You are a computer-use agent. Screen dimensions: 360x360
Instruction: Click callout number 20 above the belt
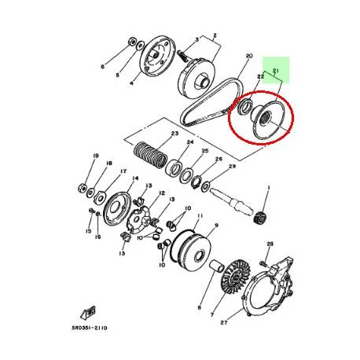(x=248, y=57)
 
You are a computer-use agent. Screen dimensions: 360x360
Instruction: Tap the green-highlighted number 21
(x=276, y=72)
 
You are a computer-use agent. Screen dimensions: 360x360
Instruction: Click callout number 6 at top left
(x=101, y=68)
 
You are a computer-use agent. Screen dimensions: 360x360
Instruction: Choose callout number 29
(x=232, y=167)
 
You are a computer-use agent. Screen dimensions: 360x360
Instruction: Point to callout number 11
(x=200, y=216)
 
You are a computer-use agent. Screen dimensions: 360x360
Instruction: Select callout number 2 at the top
(x=211, y=35)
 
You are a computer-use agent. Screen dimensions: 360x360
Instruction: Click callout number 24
(x=189, y=142)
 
